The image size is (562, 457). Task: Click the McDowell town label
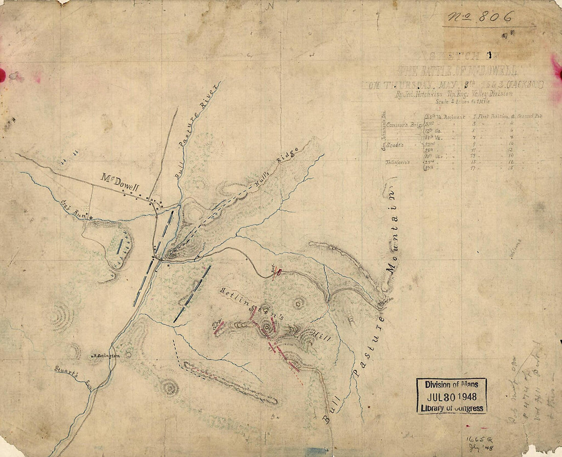point(120,182)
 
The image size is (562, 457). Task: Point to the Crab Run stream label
point(73,209)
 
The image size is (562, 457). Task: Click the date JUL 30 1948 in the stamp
point(452,396)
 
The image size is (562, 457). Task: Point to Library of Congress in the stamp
point(452,408)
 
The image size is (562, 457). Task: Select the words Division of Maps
point(452,385)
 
